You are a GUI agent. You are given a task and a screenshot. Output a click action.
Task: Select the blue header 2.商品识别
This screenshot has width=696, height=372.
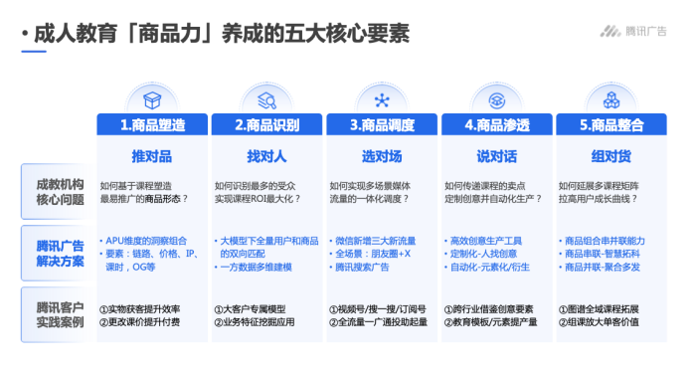click(266, 125)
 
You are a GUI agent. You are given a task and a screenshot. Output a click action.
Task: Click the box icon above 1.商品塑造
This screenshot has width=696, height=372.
click(152, 99)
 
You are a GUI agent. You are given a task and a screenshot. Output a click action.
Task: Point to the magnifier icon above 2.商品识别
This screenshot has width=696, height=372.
click(266, 99)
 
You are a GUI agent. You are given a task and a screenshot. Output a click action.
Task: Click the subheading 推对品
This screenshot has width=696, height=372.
click(152, 157)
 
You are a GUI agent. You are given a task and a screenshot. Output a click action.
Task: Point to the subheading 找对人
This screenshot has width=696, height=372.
click(266, 157)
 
